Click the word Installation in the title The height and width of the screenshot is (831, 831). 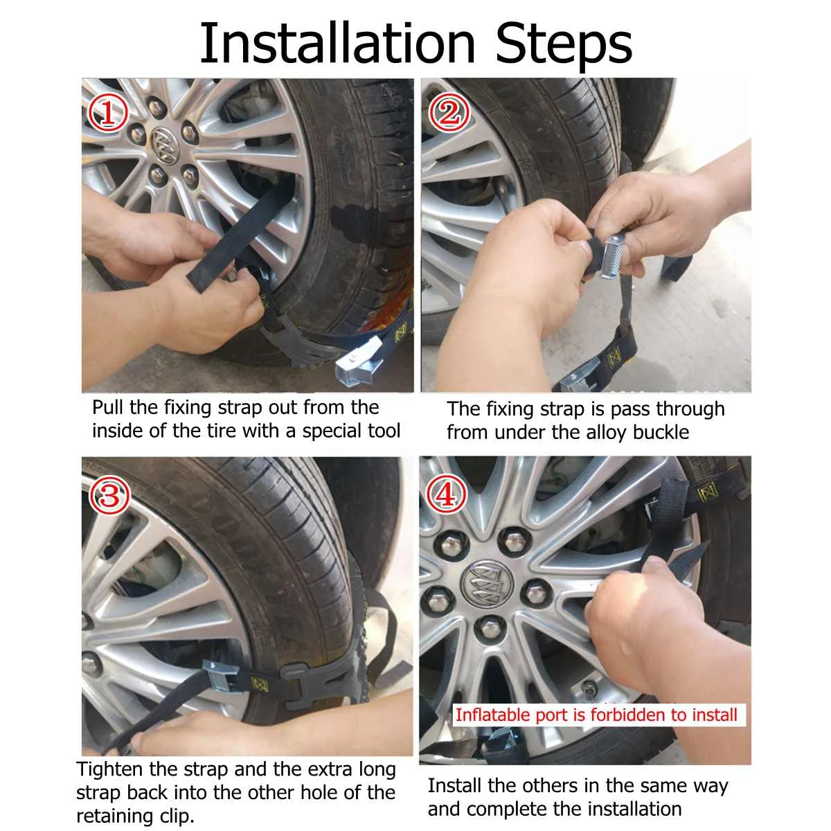pos(337,43)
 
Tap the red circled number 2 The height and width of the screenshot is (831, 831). pos(448,112)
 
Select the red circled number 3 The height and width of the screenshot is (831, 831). pos(109,494)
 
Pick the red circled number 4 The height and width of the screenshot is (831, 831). pos(447,493)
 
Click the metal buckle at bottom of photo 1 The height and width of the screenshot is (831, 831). pos(361,364)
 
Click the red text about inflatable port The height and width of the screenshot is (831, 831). pos(596,715)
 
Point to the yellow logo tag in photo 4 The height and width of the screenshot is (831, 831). pos(707,492)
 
